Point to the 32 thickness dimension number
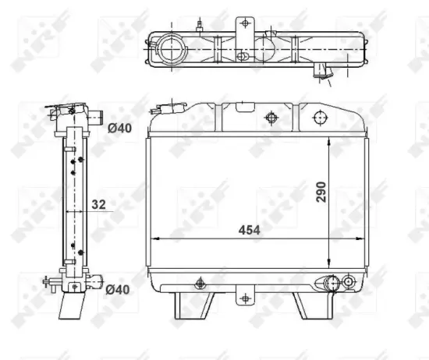tap(98, 204)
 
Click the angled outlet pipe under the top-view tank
tap(321, 73)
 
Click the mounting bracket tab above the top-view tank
tap(245, 24)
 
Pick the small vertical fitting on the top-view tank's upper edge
tap(201, 29)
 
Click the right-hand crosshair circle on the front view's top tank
tap(317, 118)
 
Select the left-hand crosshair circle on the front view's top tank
tap(271, 118)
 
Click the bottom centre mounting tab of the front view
tap(245, 297)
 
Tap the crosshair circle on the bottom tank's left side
tap(200, 283)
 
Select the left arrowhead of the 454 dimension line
tap(152, 238)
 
